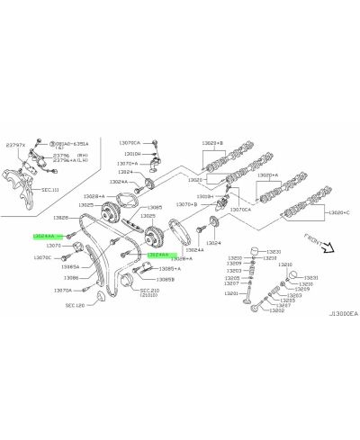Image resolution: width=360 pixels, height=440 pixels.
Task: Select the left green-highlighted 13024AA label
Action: tap(46, 234)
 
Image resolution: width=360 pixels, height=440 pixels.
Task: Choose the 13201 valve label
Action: tap(232, 293)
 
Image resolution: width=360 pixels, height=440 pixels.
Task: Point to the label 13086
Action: tap(70, 278)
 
